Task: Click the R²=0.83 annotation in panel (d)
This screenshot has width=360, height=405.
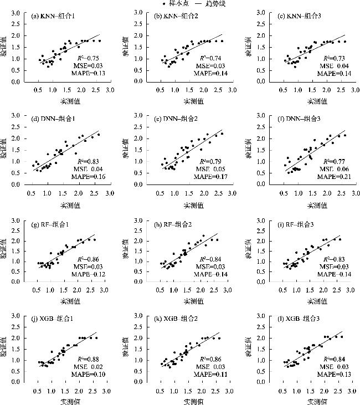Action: click(84, 161)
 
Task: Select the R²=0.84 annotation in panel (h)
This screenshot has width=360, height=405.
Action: click(208, 259)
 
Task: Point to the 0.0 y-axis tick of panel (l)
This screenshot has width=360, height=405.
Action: click(265, 382)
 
